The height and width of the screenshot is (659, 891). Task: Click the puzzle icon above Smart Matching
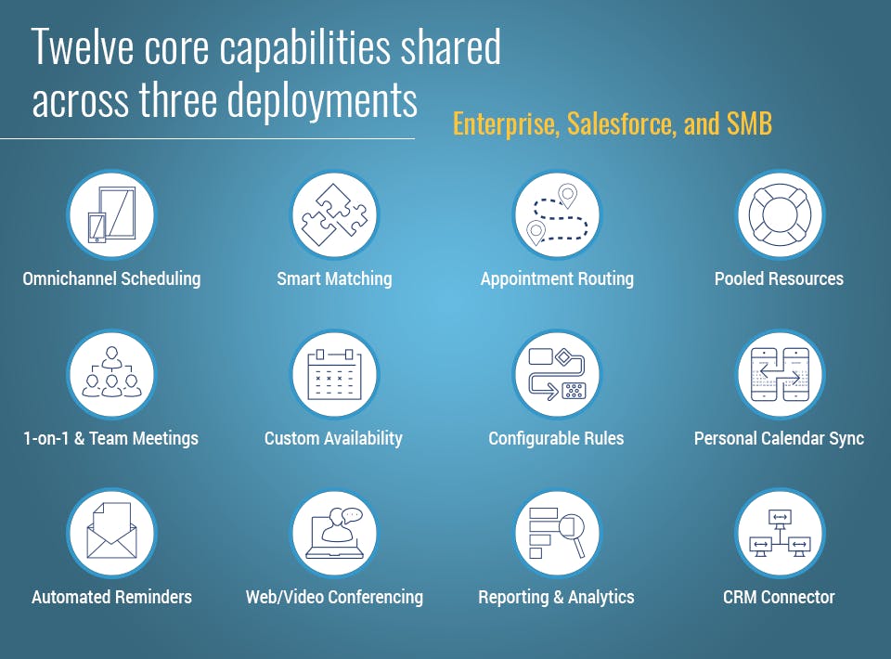click(x=334, y=215)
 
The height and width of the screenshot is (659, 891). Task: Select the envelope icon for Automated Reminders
click(x=111, y=531)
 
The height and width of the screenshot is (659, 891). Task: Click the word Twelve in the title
click(x=84, y=46)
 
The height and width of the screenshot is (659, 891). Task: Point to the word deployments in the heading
click(x=322, y=100)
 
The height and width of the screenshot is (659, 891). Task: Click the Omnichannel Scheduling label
click(x=111, y=279)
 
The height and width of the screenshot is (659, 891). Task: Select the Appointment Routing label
click(x=557, y=279)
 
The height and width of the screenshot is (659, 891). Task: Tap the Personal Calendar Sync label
click(x=779, y=439)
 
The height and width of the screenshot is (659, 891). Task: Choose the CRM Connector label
click(x=779, y=597)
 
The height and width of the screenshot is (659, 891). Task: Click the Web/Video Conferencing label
click(x=334, y=597)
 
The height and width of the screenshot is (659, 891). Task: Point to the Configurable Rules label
click(x=556, y=439)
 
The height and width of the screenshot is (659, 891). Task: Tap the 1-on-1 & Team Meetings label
click(x=110, y=439)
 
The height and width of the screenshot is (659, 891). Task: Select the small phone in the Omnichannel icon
click(x=97, y=227)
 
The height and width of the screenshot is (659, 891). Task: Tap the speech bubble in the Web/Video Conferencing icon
click(x=351, y=515)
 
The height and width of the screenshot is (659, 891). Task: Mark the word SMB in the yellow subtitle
click(x=749, y=123)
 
